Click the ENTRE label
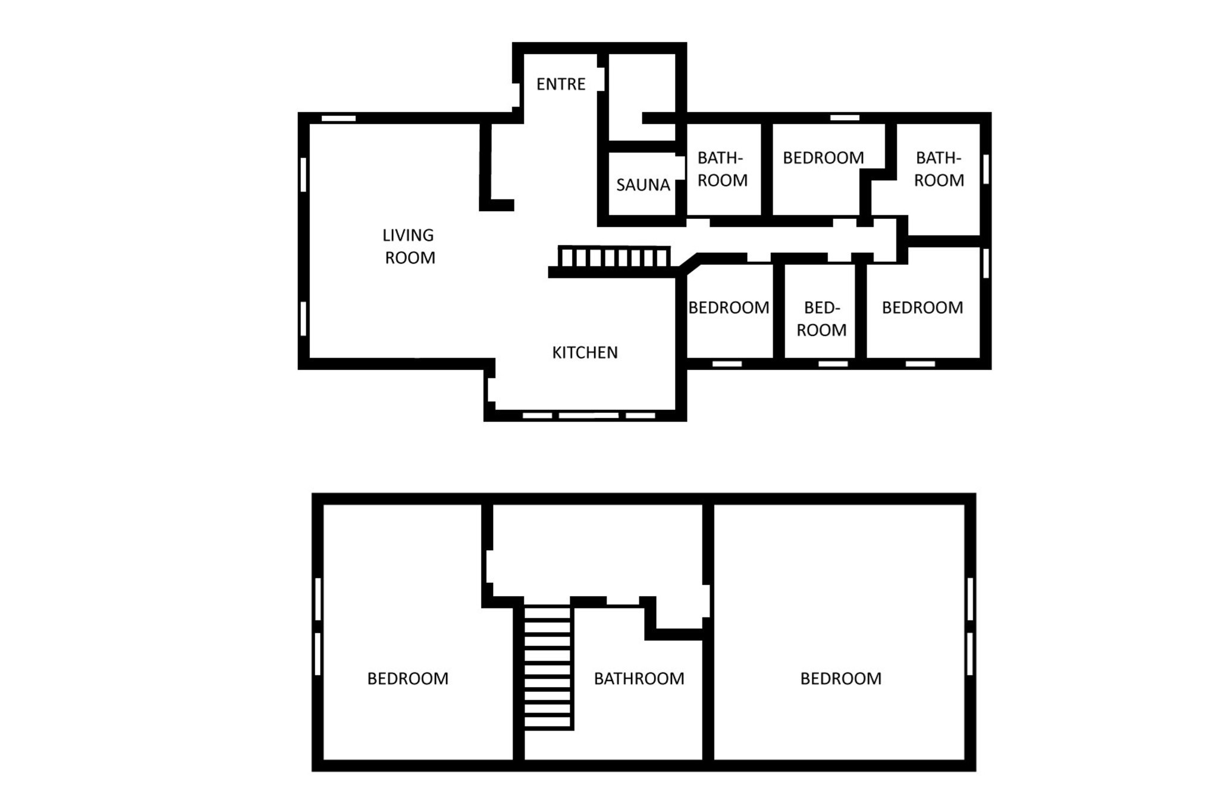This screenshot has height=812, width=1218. coord(561,84)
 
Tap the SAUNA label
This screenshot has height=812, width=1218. coord(643,185)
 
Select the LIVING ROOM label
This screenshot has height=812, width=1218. coord(409,246)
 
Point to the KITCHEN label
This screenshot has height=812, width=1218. coord(585,353)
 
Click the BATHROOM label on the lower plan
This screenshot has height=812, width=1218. coord(639,679)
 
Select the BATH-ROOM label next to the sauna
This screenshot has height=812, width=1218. coord(722,169)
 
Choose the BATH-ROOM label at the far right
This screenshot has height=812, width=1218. coord(938,169)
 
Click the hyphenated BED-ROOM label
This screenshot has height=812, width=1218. coord(821,319)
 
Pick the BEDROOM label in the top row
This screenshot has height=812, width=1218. coord(823,158)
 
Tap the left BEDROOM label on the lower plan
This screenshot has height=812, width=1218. coord(407,679)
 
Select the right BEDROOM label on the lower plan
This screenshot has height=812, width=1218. coord(840,679)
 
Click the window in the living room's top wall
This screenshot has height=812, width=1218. coord(338,118)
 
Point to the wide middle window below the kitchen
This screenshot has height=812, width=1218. coord(588,416)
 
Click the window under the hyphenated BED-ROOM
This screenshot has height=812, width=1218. coord(833,364)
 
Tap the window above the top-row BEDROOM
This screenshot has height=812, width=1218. coord(845,118)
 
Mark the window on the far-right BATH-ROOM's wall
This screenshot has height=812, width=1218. coord(985,169)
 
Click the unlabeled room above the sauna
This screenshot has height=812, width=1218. coord(642,97)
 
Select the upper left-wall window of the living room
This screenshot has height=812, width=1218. coord(303,174)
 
